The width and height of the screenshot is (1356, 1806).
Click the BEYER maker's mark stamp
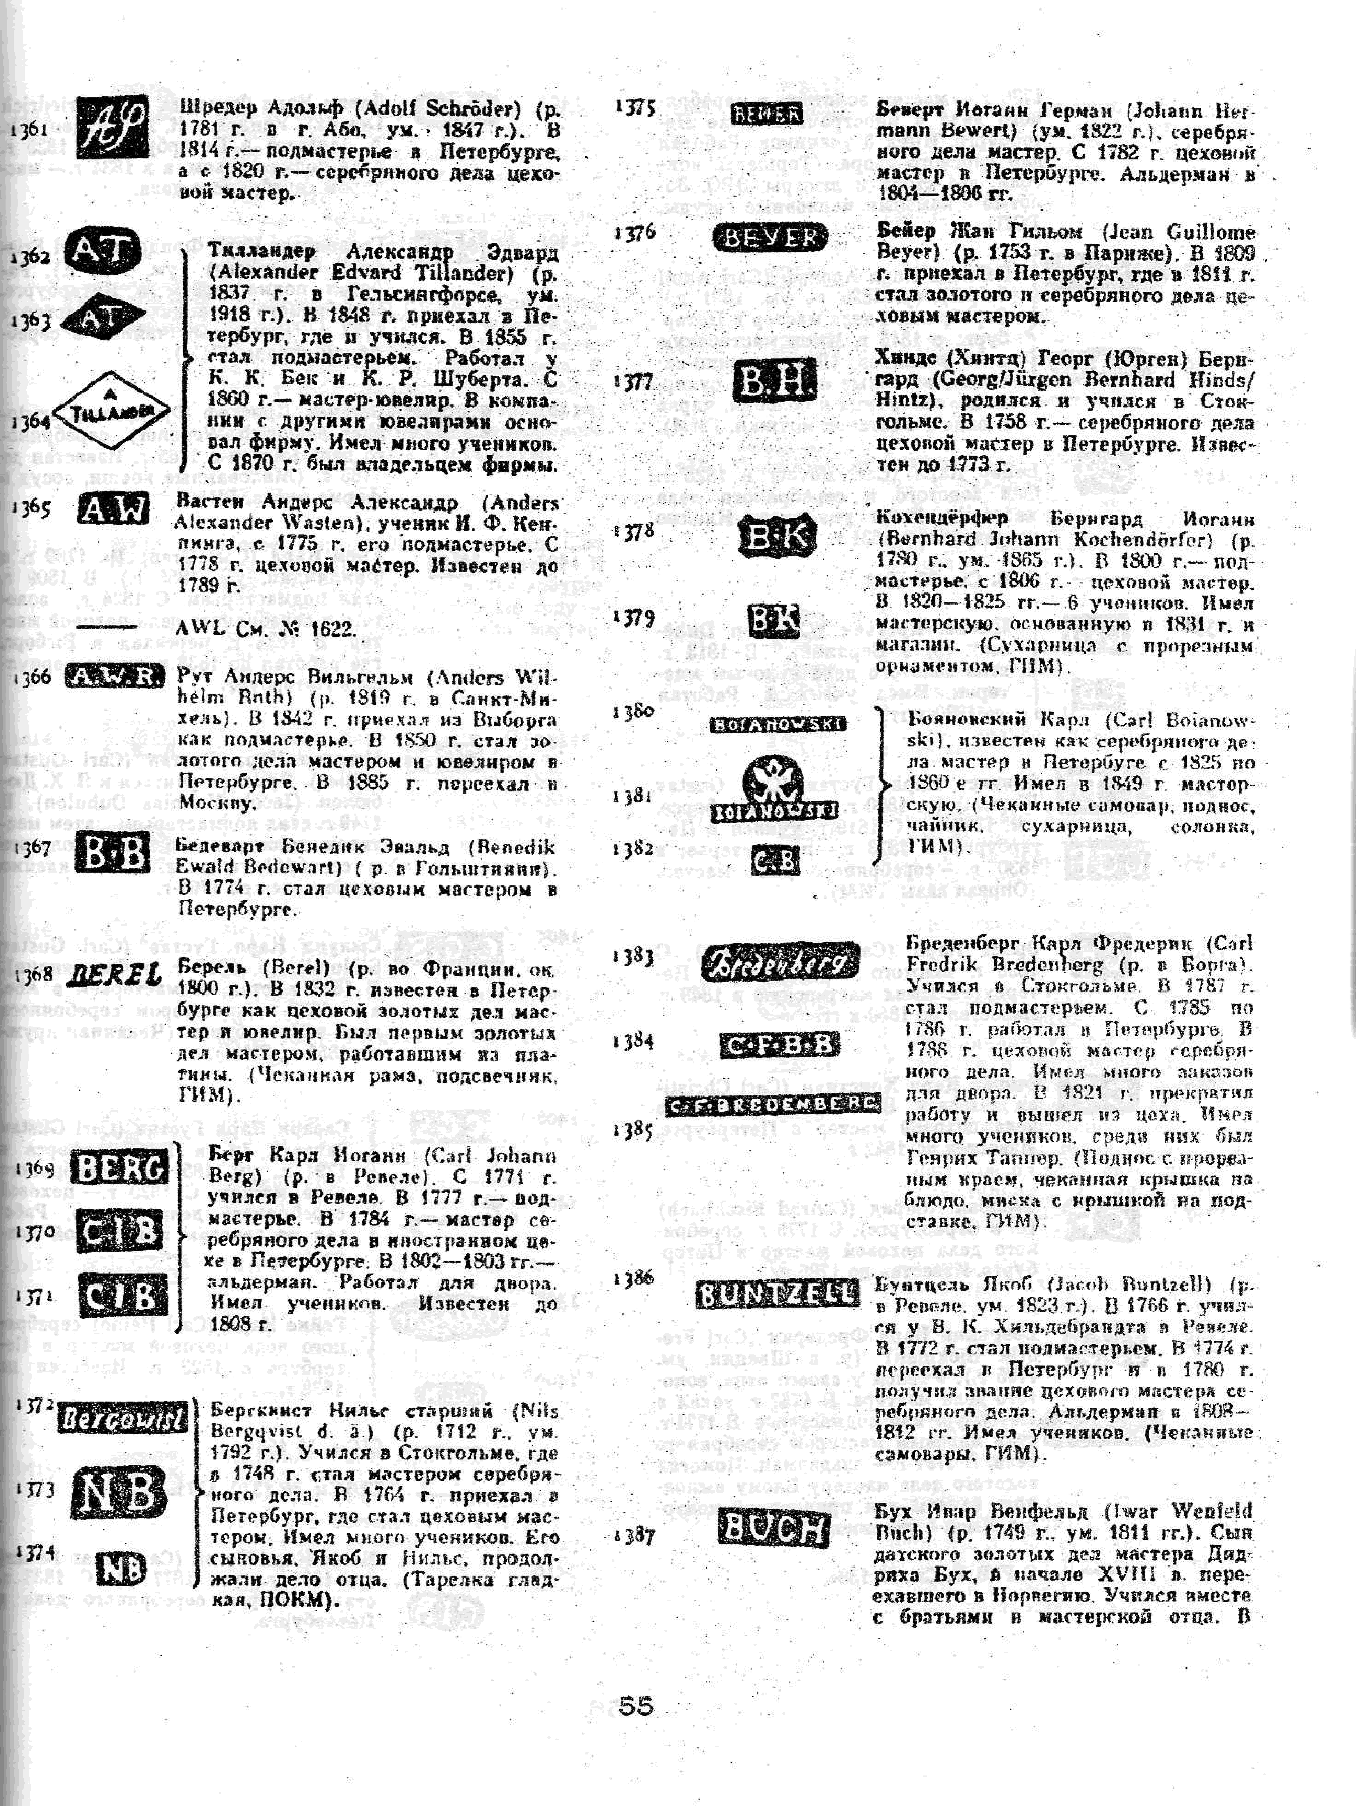770,237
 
